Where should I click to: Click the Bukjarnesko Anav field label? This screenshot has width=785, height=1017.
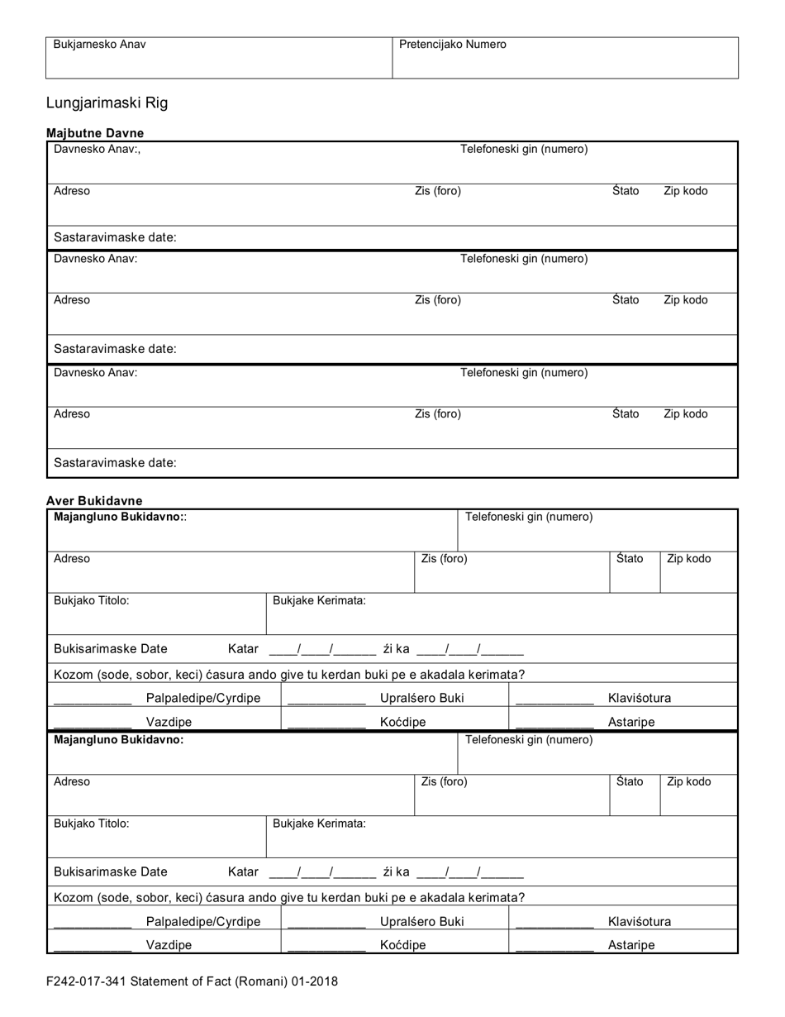point(99,45)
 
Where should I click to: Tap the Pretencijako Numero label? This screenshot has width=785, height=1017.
point(452,45)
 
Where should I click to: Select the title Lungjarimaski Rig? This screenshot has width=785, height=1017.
point(107,103)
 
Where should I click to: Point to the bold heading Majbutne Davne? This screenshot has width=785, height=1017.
point(94,133)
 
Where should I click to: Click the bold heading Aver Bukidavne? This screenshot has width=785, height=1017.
point(94,501)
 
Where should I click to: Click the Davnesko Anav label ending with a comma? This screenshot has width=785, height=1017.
point(97,150)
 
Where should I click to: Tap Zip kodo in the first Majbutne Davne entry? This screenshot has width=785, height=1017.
point(685,191)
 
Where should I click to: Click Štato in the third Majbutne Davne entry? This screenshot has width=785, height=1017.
point(626,414)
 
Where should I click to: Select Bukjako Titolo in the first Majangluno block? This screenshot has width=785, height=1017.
point(91,600)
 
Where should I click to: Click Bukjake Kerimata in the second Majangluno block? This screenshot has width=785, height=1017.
point(319,824)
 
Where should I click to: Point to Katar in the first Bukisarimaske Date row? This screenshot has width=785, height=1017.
point(243,650)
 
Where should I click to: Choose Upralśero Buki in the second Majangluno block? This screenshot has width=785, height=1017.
point(421,922)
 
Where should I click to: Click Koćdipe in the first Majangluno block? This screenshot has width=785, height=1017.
point(402,722)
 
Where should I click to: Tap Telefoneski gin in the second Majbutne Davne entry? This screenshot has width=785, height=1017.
point(524,259)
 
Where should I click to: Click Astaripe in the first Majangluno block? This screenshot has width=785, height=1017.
point(631,722)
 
